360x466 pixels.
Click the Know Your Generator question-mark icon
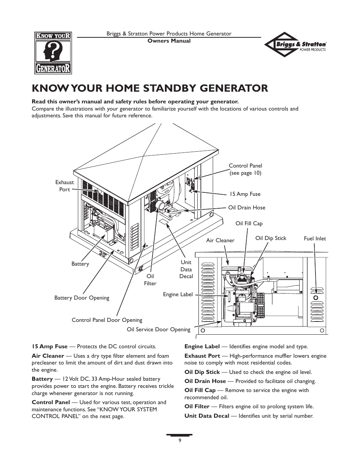pos(51,52)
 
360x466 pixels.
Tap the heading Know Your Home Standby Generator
pos(150,88)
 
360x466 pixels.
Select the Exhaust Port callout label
pos(65,186)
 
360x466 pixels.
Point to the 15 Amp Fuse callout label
pos(245,194)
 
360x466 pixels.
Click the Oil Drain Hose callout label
pos(246,208)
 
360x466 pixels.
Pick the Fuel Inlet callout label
pos(315,238)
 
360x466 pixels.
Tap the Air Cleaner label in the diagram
pos(220,240)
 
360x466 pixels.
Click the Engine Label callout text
pos(178,294)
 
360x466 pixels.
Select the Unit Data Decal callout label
pos(186,269)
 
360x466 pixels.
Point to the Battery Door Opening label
pos(82,298)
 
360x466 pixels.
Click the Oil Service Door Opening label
pos(158,329)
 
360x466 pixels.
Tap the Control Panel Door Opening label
pos(107,320)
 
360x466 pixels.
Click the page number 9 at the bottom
pos(180,440)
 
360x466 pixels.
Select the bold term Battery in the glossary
pos(42,379)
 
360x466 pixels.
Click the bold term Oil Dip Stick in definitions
pos(202,372)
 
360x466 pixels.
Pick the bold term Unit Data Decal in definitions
pos(206,416)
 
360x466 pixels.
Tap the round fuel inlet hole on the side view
pos(316,298)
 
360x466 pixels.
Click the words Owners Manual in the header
pos(169,41)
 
